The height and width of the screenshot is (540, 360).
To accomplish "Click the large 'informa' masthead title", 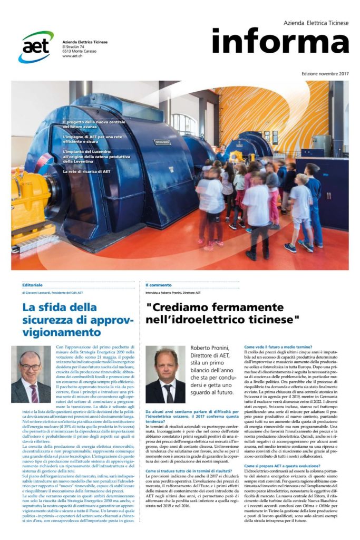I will tap(280, 41).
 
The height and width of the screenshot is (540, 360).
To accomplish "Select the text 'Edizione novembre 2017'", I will tap(325, 73).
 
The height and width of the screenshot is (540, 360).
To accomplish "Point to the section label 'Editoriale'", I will tap(33, 284).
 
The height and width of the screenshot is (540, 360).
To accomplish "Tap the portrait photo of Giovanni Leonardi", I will tap(31, 374).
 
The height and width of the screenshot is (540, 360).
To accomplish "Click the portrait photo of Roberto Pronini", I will tap(165, 374).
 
